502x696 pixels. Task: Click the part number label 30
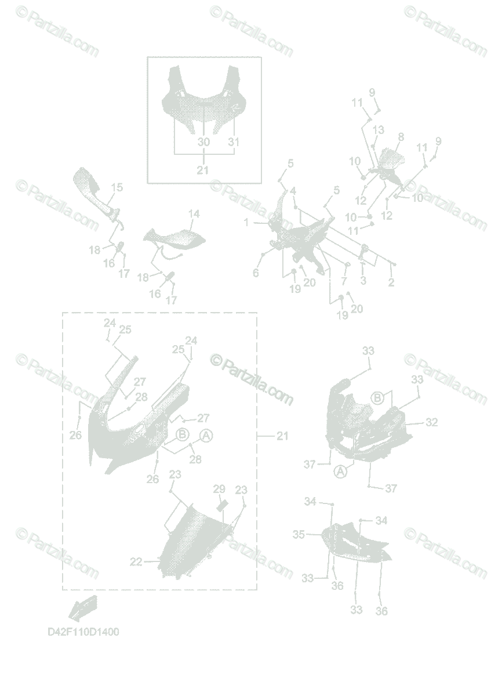click(x=203, y=142)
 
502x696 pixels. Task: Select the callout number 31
click(x=234, y=142)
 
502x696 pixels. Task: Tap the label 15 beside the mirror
click(x=117, y=187)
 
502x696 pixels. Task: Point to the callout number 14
click(x=194, y=215)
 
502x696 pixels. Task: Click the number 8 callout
click(x=400, y=137)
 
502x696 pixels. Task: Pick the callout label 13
click(x=379, y=130)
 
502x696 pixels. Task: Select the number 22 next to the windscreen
click(x=136, y=561)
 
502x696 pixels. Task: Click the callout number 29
click(x=219, y=488)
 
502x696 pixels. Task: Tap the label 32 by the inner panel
click(x=431, y=423)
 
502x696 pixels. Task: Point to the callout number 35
click(x=299, y=534)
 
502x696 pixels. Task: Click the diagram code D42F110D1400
click(x=83, y=632)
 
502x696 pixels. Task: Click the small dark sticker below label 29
click(x=220, y=505)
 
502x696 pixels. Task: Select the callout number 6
click(x=256, y=273)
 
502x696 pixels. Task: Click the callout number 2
click(x=391, y=283)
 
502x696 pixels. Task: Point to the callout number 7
click(x=344, y=281)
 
